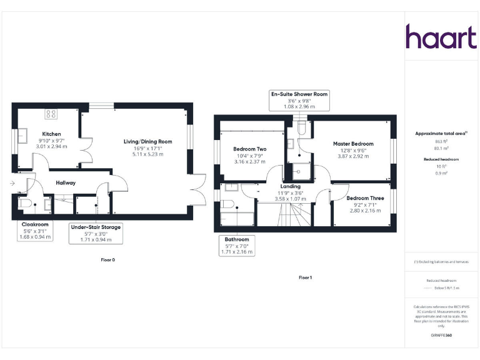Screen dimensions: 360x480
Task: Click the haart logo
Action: tap(441, 37)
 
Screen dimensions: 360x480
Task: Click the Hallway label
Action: tap(66, 182)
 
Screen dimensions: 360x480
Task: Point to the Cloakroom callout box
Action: tap(35, 230)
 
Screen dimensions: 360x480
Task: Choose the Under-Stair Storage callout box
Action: tap(96, 232)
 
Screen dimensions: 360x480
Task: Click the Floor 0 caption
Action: tap(108, 259)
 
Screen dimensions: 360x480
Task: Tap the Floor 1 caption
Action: tap(304, 277)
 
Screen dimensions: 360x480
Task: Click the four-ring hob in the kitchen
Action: tap(51, 114)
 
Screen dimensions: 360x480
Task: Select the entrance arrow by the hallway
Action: tap(12, 183)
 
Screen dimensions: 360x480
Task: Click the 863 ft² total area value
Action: tap(441, 142)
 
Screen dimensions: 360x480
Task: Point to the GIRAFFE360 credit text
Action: tap(441, 336)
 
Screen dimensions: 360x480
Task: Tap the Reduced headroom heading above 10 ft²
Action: tap(441, 159)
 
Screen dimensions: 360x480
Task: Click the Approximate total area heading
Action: tap(441, 133)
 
